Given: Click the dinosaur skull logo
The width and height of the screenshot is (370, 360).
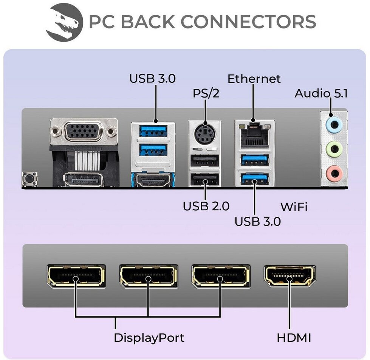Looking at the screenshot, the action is [64, 22].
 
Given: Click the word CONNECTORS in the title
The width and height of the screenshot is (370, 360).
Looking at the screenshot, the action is [248, 22].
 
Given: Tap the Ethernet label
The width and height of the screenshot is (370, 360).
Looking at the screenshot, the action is [254, 79].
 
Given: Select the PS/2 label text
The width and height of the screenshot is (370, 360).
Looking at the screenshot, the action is [206, 93].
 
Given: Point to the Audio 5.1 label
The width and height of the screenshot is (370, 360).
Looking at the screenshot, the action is [321, 93].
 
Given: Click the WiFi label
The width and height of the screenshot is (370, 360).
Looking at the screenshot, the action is [294, 207].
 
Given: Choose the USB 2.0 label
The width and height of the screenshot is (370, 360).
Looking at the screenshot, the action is [206, 206].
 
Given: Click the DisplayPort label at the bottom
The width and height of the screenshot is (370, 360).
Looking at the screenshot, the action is [149, 338].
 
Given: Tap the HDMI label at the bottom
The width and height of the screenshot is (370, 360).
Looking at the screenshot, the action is [294, 338].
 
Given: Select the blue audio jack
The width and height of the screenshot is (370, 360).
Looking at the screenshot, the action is [334, 124].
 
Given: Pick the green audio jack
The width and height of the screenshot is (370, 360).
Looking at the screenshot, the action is [334, 149].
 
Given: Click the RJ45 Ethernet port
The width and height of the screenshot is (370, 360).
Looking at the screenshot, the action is [254, 135].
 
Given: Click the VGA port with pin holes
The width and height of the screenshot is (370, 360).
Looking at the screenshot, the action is [84, 131].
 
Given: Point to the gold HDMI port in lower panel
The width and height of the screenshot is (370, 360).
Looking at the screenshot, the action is [289, 276].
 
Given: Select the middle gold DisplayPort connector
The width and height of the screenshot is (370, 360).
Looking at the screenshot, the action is [149, 276].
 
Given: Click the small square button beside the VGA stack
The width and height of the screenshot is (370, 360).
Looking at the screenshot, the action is [29, 179].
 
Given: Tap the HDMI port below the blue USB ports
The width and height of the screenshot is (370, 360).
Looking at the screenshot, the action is [153, 180].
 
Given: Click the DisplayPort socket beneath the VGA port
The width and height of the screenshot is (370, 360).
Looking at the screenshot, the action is [83, 180].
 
